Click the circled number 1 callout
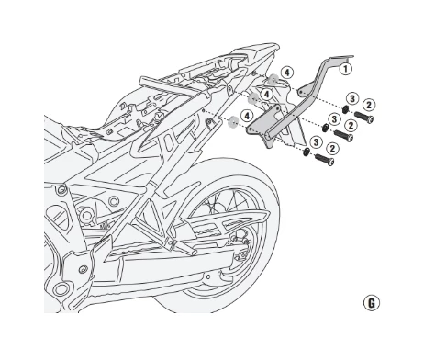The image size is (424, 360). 345,67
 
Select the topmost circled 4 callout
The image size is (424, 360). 286,72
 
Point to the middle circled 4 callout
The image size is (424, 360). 267,94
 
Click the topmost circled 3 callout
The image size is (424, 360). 351,98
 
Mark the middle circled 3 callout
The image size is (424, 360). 335,119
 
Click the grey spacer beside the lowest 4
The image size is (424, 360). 235,120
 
